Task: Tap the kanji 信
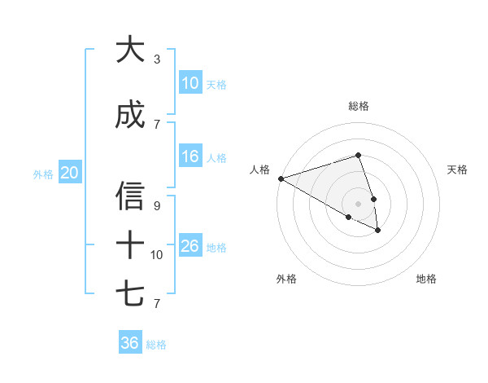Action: click(x=130, y=196)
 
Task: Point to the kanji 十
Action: click(x=130, y=244)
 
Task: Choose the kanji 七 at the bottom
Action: click(x=130, y=293)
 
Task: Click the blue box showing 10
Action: click(x=190, y=82)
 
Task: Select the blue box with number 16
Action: click(x=190, y=156)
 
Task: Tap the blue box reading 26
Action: click(x=190, y=245)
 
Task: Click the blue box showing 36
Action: click(x=129, y=343)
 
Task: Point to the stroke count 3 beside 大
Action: click(x=157, y=59)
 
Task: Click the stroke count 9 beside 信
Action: click(x=157, y=205)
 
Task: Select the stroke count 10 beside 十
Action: click(x=157, y=254)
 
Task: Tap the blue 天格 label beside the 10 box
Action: click(x=216, y=84)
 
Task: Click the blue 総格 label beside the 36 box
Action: click(x=156, y=345)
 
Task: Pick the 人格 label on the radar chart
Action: click(x=259, y=169)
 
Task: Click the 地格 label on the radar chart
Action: click(x=426, y=279)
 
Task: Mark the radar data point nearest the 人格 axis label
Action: click(x=280, y=178)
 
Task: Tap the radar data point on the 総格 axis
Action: click(x=358, y=155)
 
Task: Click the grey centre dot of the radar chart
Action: click(x=358, y=203)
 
